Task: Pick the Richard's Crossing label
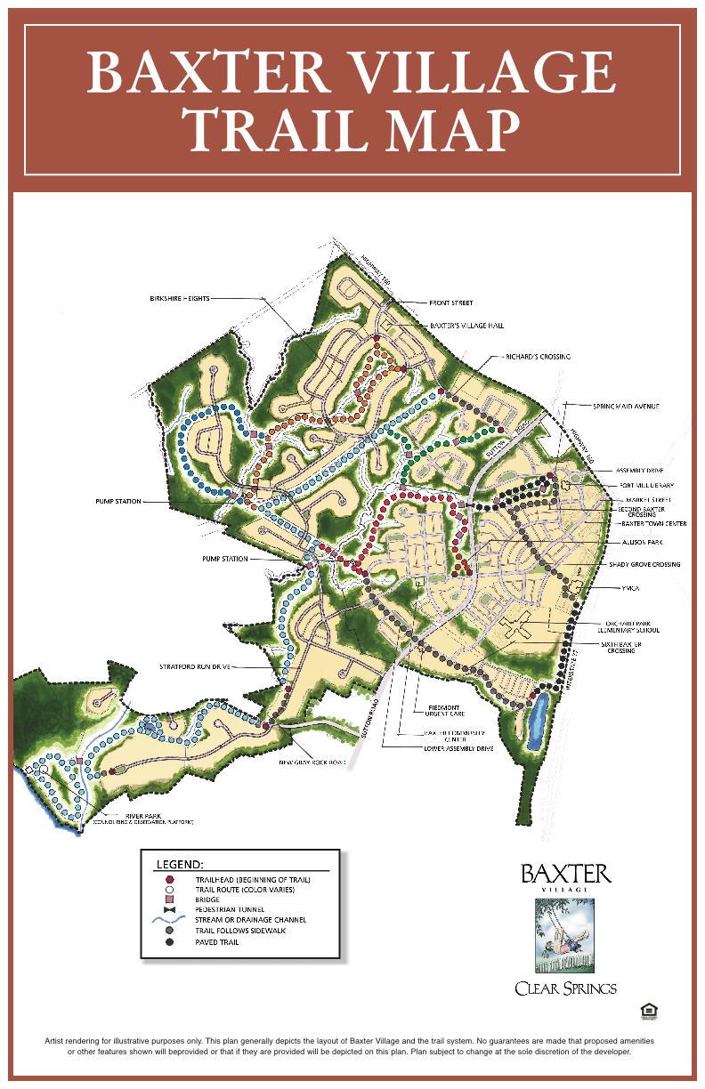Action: tap(539, 357)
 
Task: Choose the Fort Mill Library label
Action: tap(646, 485)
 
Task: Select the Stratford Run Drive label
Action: tap(195, 665)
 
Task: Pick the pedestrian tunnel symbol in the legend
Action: tap(169, 908)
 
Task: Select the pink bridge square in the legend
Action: tap(169, 899)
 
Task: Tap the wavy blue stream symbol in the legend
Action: tap(169, 919)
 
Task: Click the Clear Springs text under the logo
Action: tap(565, 988)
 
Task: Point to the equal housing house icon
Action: tap(647, 1011)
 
